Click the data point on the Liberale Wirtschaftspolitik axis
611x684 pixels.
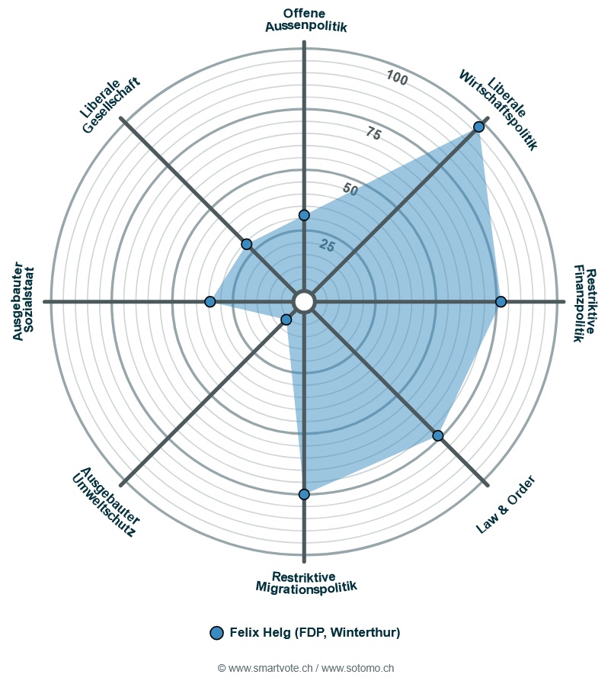[478, 127]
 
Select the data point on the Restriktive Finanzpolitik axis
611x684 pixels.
[501, 302]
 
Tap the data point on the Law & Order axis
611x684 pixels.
[438, 435]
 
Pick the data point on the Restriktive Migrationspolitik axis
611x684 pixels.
[304, 495]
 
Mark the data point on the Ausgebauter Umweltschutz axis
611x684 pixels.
[286, 320]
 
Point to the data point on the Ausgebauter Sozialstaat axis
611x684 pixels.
[210, 302]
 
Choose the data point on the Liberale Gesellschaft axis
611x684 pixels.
[247, 244]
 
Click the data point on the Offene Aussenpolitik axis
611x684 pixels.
[304, 215]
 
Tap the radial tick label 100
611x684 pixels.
[396, 78]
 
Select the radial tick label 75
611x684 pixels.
[373, 133]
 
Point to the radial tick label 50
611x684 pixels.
[350, 189]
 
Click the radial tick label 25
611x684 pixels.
[327, 245]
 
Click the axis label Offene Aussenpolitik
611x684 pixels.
[305, 20]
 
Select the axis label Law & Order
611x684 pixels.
[506, 504]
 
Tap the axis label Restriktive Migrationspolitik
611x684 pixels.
[305, 582]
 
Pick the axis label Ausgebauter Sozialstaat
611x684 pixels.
[24, 302]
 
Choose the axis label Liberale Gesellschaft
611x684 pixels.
[110, 106]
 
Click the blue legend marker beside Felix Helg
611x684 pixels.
[216, 632]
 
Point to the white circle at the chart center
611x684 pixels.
[304, 302]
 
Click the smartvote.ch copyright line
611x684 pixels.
[305, 668]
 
